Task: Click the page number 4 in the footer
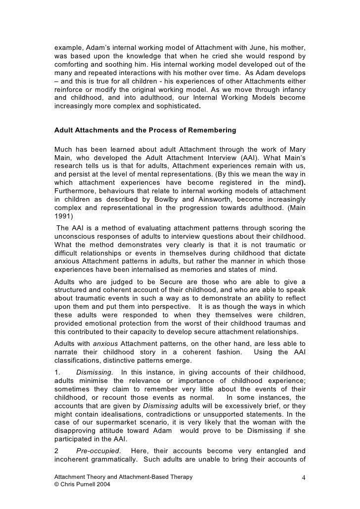point(303,478)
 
